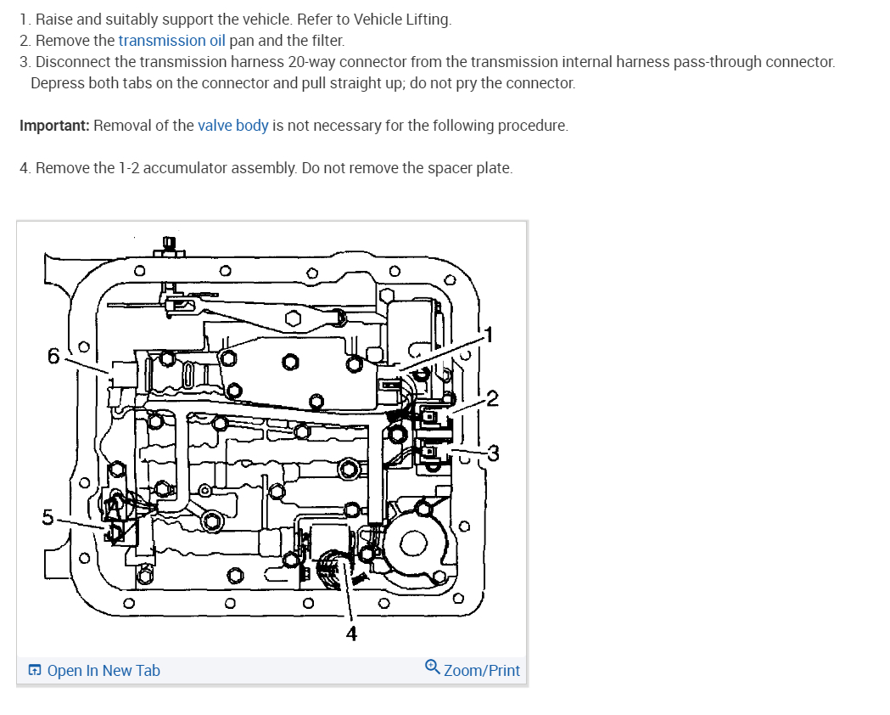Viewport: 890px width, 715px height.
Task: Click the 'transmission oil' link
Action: [171, 40]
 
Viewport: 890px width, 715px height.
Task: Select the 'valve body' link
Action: [232, 126]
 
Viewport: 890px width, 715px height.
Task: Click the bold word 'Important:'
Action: [54, 126]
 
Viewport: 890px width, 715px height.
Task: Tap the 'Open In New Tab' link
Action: [104, 670]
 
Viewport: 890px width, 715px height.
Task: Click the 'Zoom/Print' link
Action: [481, 670]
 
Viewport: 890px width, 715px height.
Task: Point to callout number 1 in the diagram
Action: [487, 334]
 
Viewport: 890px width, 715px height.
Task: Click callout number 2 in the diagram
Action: [493, 398]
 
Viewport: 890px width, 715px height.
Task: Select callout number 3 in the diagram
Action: [493, 452]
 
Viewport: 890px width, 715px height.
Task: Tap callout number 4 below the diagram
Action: [350, 633]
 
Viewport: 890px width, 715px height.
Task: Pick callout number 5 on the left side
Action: [48, 516]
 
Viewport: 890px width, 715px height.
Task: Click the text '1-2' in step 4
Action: [128, 168]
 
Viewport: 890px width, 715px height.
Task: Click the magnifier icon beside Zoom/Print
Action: [432, 667]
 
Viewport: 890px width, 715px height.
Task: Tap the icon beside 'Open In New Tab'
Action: [35, 670]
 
